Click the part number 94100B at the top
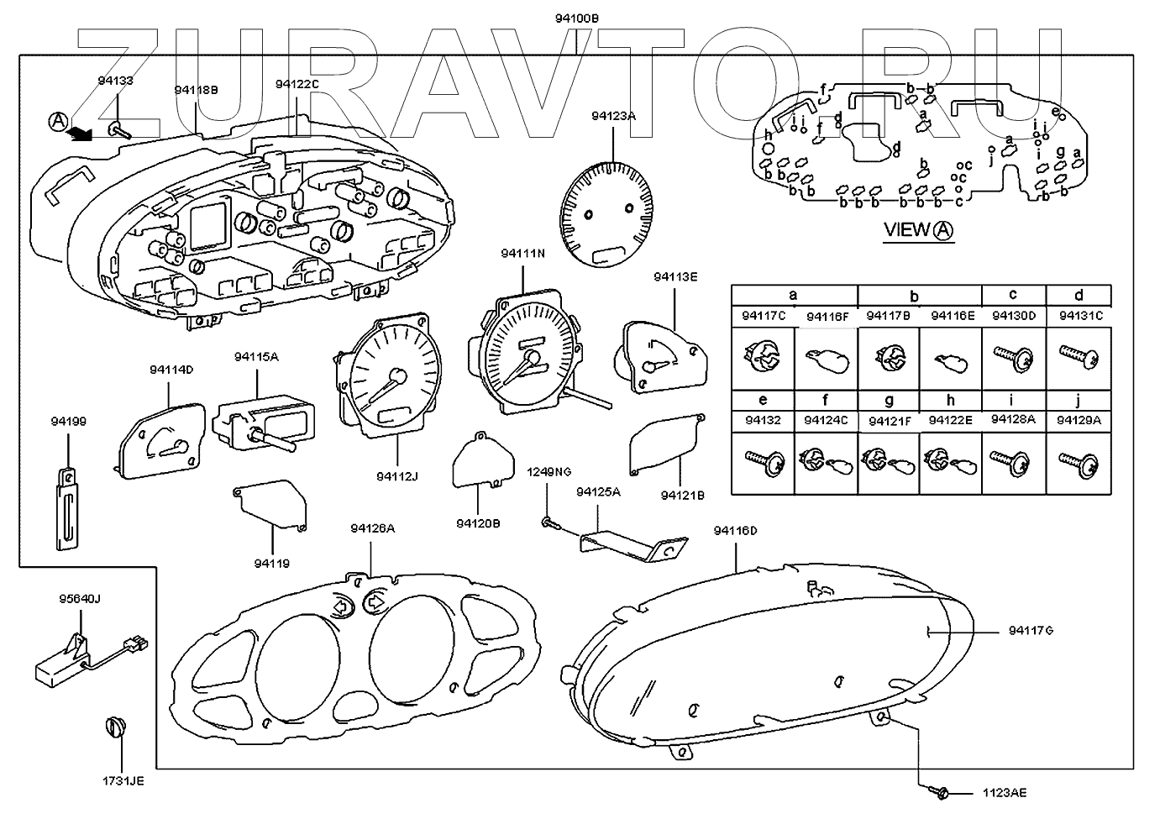coord(575,18)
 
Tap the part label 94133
coord(115,81)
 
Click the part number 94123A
coord(613,117)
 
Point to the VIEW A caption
coord(920,229)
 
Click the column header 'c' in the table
coord(1013,294)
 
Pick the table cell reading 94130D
coord(1014,316)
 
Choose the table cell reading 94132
coord(762,419)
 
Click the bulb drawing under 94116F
coord(825,360)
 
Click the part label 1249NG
coord(549,472)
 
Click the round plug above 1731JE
coord(114,727)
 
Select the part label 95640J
coord(79,600)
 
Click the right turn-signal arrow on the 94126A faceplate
coord(375,601)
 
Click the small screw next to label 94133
coord(118,129)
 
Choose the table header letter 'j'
coord(1078,400)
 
